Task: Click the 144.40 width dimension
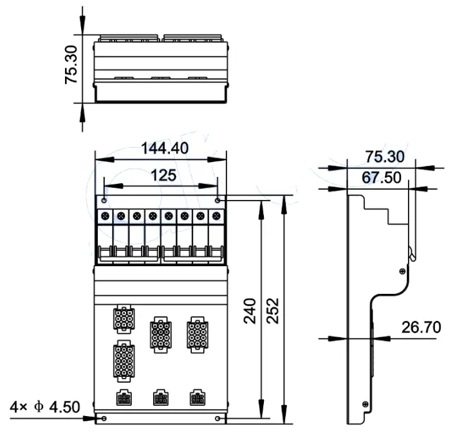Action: pos(164,149)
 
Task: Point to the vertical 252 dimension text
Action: pos(274,311)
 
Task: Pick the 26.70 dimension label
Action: pos(421,327)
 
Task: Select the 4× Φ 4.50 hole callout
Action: pos(45,407)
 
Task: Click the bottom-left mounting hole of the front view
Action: pos(104,419)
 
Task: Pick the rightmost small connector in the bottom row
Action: pos(196,399)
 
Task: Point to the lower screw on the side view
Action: pos(365,404)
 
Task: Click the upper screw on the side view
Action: pos(402,271)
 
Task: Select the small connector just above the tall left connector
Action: pos(122,319)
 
